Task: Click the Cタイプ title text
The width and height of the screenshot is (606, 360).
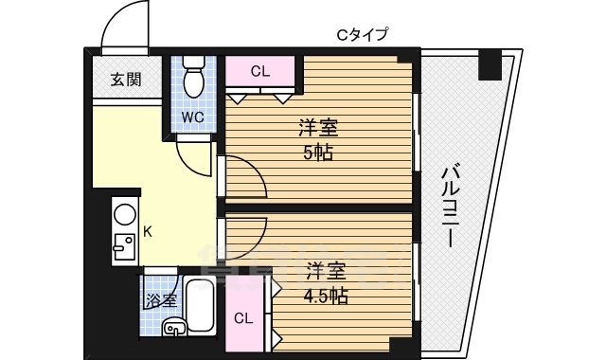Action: coord(363,35)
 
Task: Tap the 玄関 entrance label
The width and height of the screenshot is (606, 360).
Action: coord(123,80)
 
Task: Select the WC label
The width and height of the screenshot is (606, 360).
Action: coord(192,117)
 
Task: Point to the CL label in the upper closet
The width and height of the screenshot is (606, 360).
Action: coord(261,70)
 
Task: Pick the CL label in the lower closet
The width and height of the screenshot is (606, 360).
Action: coord(244,317)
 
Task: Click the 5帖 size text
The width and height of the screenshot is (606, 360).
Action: coord(317,153)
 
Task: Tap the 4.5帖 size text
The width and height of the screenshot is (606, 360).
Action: coord(325,296)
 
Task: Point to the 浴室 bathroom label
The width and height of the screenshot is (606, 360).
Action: coord(161,300)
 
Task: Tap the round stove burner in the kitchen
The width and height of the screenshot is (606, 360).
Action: coord(123,215)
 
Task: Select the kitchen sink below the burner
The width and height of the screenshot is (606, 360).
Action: coord(123,248)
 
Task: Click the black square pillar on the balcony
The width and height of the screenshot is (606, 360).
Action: coord(489,66)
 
